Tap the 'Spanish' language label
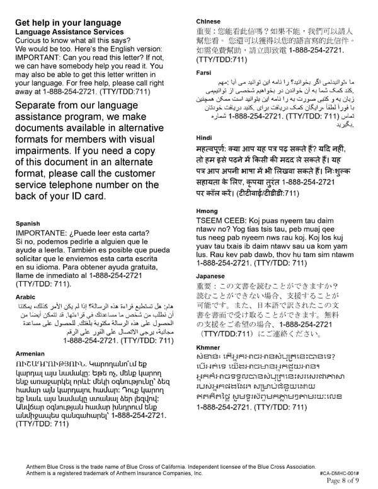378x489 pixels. pos(28,223)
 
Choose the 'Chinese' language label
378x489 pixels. pos(209,21)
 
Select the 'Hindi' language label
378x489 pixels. pos(204,137)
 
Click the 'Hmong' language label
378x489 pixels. pos(206,211)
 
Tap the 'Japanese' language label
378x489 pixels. pos(210,276)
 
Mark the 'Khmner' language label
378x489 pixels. pos(209,347)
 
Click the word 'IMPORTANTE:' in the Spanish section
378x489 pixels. pos(41,233)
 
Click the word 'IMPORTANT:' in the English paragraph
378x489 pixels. pos(40,62)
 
